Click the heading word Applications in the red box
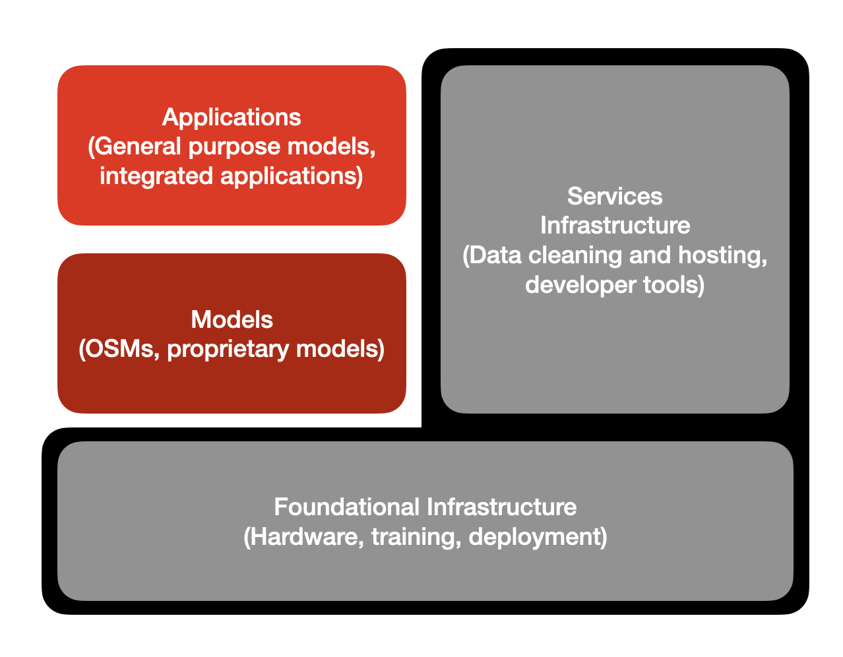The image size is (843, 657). point(232,117)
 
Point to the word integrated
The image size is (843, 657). point(156,177)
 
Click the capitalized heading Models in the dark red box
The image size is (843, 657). point(232,319)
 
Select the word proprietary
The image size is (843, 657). point(228,350)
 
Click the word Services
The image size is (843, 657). point(615,197)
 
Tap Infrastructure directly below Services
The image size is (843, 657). point(615,226)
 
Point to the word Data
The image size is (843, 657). point(495,255)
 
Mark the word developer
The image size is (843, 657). point(580,286)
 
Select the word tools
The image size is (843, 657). point(671,285)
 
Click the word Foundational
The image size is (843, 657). point(347,507)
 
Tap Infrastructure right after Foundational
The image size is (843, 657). point(501,507)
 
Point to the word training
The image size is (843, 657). point(416,538)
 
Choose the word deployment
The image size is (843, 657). point(534,538)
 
